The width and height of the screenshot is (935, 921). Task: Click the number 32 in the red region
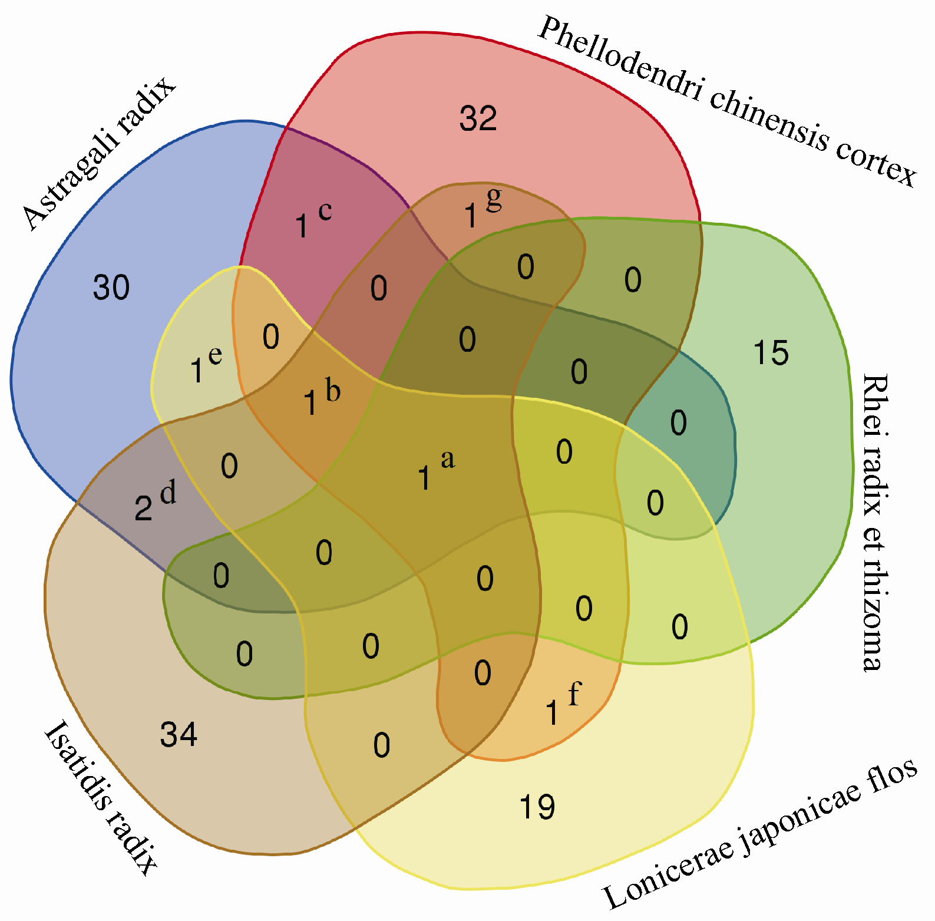pos(478,118)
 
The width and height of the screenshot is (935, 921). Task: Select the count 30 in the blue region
pos(111,288)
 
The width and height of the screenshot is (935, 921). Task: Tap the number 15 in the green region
pos(771,353)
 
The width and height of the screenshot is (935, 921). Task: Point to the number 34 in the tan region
pos(179,735)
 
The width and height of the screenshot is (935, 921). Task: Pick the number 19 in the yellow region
pos(537,807)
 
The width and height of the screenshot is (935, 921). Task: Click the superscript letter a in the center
pos(448,459)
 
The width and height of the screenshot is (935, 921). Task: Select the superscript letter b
pos(333,391)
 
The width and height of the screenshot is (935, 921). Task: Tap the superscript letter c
pos(325,210)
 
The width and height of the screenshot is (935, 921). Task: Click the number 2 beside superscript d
pos(143,509)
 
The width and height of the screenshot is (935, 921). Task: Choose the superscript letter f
pos(574,694)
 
